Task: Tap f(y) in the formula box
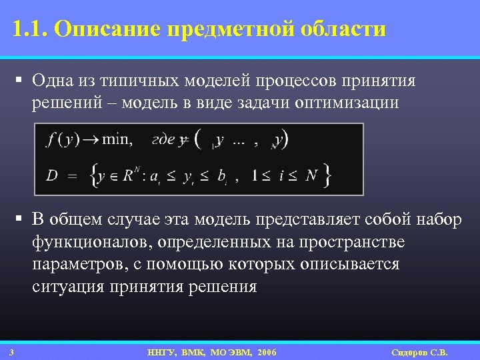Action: pos(63,140)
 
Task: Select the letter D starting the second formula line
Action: pos(52,176)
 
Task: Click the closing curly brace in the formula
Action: pos(327,176)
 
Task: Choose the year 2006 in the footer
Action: pos(263,352)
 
